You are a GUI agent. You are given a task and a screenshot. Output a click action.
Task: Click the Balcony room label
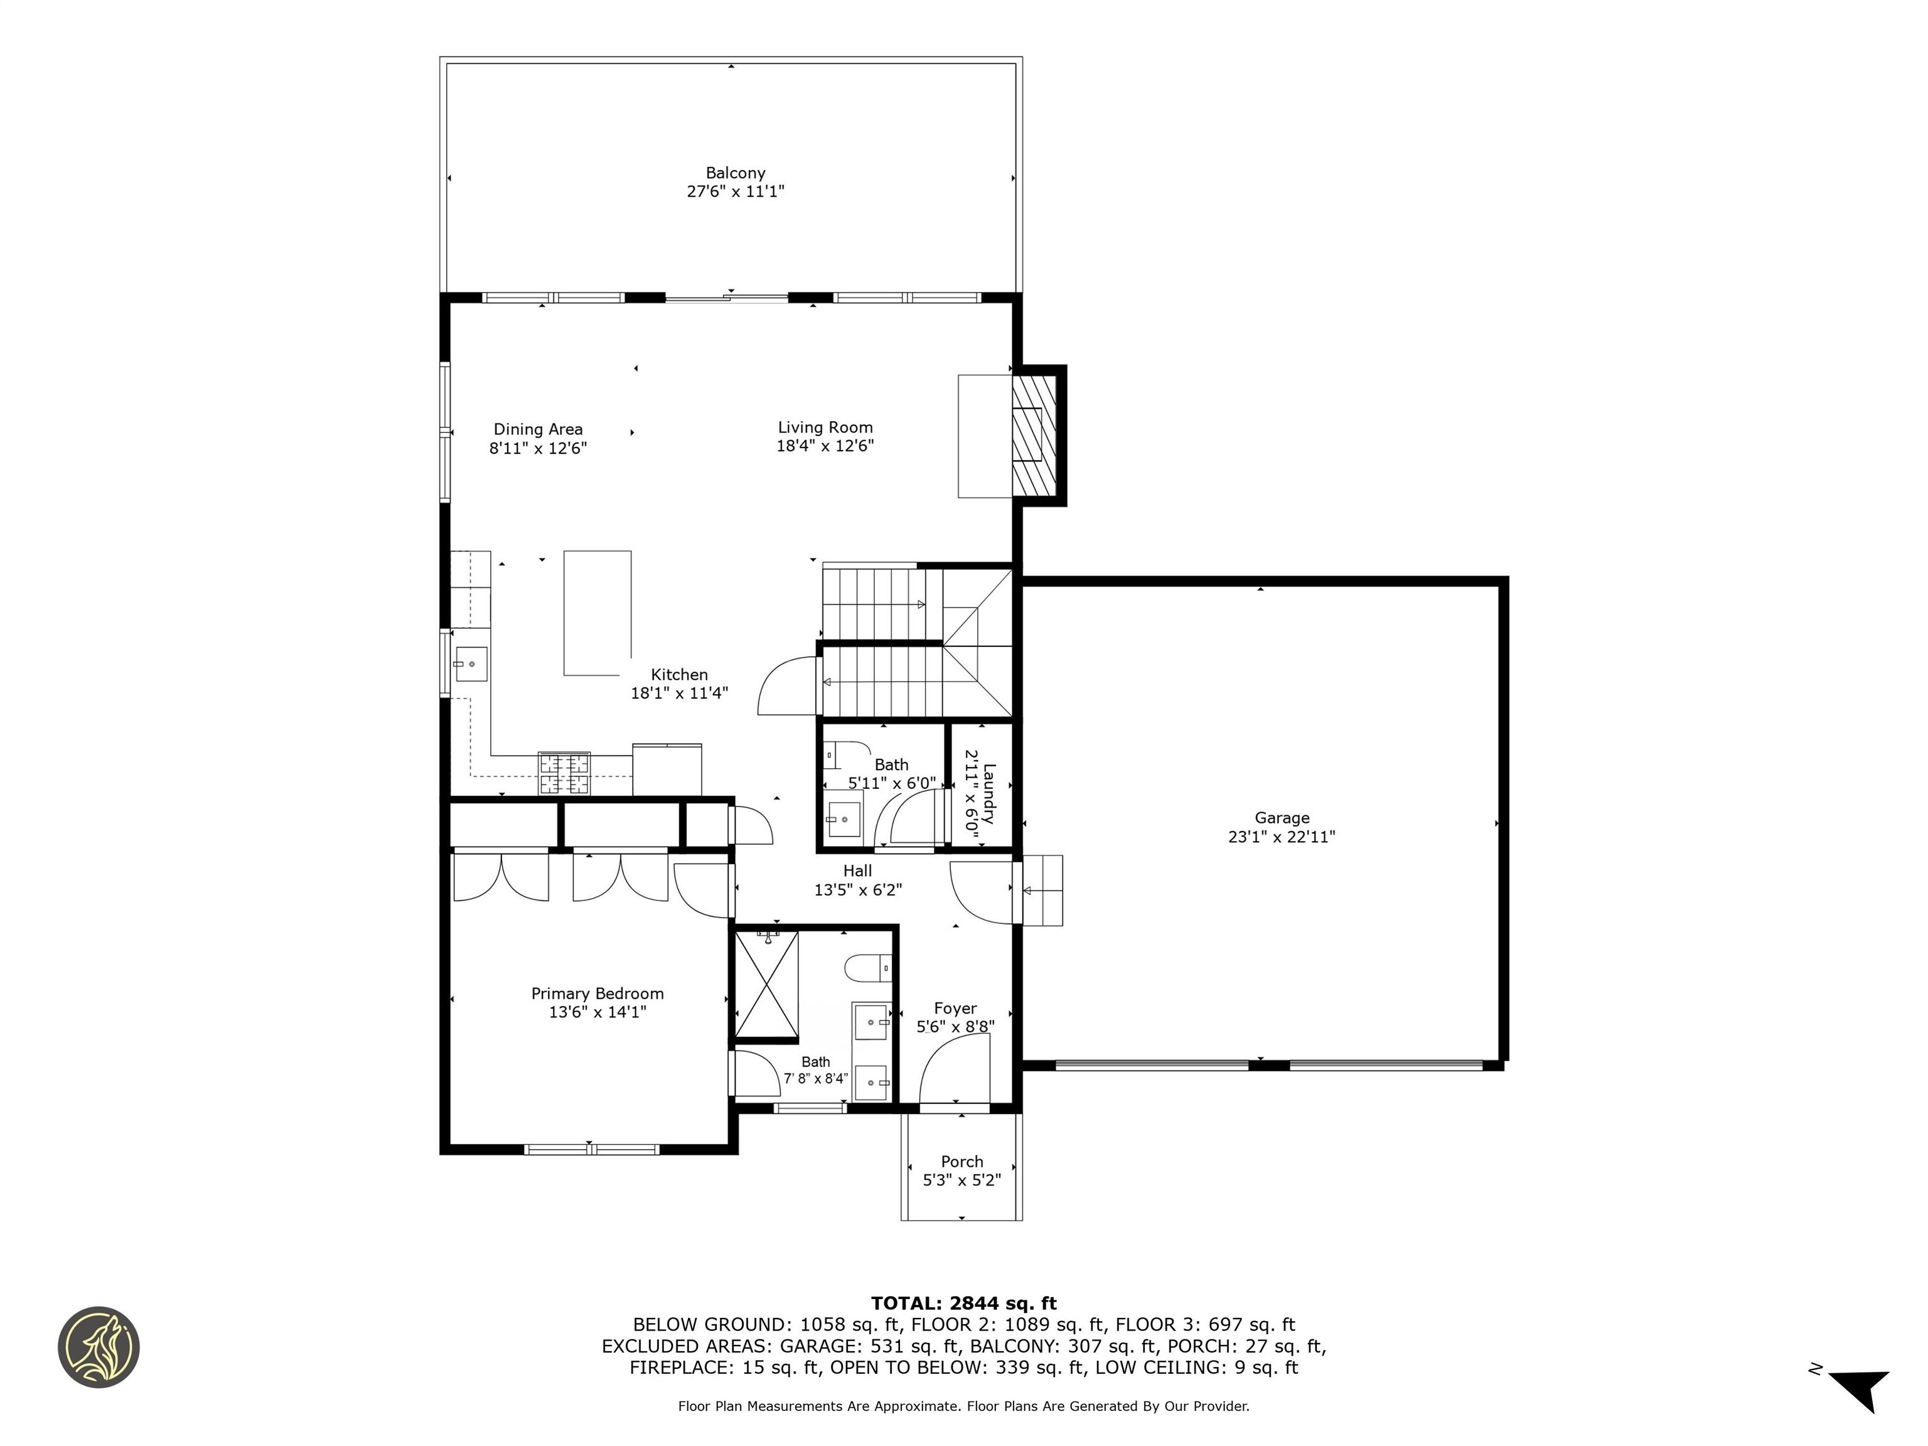coord(735,173)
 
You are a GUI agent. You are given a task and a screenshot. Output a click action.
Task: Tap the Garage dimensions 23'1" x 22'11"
coord(1282,837)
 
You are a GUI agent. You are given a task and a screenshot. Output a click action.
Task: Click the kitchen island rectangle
coord(597,612)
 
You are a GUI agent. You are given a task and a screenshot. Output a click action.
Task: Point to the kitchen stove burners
coord(564,773)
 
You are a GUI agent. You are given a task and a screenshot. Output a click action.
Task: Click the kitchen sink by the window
coord(471,664)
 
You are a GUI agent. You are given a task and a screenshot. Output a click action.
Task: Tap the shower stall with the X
coord(766,987)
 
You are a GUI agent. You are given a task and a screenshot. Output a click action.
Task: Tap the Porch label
coord(961,1161)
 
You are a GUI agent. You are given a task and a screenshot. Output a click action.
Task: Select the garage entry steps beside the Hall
coord(1042,890)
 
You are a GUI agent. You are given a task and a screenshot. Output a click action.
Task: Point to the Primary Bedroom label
coord(597,993)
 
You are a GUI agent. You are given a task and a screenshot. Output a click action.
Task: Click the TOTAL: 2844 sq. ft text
coord(963,1303)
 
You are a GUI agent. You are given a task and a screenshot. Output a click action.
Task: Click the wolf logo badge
coord(99,1347)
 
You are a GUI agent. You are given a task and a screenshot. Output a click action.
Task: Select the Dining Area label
coord(538,429)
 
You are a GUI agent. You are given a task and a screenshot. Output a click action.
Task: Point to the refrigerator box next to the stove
coord(667,768)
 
